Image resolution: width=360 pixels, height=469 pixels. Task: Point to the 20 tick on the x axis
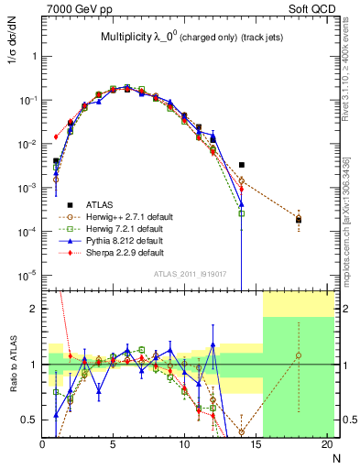tap(327, 444)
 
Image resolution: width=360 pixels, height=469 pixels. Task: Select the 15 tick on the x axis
tap(256, 444)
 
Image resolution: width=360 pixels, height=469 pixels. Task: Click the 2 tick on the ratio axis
tap(35, 309)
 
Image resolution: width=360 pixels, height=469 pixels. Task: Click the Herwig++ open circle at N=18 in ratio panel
tap(299, 355)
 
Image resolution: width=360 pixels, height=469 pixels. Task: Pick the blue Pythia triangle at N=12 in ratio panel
tap(213, 345)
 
